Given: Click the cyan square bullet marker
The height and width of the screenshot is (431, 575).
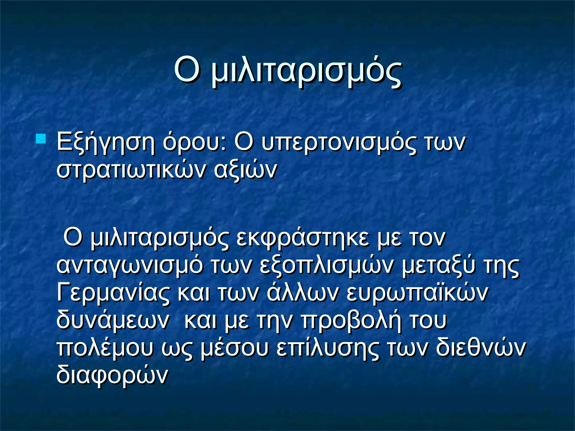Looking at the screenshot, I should coord(41,139).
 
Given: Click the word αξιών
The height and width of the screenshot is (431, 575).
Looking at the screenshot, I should coord(245,170).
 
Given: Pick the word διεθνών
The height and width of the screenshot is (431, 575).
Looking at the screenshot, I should coord(480,348).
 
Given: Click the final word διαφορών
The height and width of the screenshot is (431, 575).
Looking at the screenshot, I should coord(112,375).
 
